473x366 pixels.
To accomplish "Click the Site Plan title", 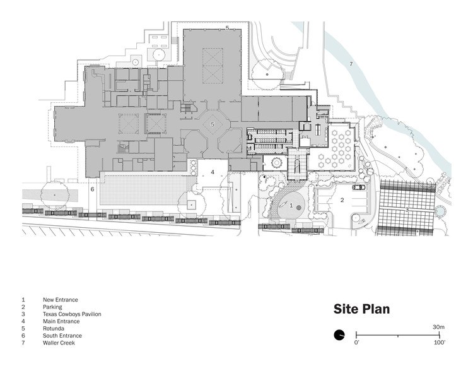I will (x=362, y=309).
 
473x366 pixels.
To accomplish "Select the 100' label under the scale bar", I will (x=439, y=342).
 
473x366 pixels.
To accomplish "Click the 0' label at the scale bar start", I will (x=358, y=342).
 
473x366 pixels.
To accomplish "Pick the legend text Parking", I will (x=52, y=307).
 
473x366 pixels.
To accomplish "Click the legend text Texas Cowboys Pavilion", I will (x=72, y=314).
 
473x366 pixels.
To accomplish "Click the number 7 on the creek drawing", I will (x=351, y=65).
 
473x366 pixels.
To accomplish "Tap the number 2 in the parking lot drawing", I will (x=342, y=200).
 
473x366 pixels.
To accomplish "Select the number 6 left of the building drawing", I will (x=92, y=189).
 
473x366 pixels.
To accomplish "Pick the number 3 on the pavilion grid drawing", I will (x=407, y=209).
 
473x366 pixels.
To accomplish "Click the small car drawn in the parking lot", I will (x=358, y=187).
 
